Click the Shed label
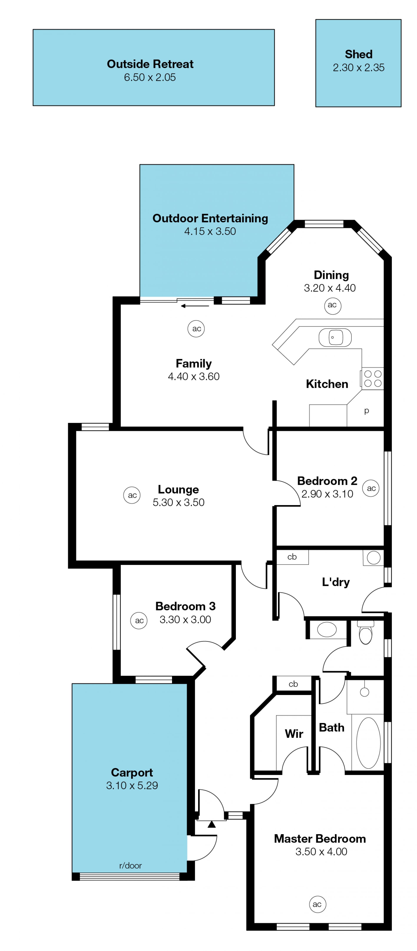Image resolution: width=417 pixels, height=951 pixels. tap(358, 54)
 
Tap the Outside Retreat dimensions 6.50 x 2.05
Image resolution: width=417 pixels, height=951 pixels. tap(150, 77)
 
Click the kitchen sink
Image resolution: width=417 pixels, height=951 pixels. tap(335, 337)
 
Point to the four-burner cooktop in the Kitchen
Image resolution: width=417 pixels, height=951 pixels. tap(372, 378)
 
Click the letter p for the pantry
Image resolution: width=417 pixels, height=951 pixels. tap(366, 410)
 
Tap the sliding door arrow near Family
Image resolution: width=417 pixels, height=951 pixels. tap(195, 306)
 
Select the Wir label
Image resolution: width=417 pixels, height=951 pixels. tap(294, 733)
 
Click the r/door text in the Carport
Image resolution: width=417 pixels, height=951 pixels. tap(131, 865)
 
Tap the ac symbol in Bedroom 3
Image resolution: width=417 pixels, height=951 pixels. tap(139, 621)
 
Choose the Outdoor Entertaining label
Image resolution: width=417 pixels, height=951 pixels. tap(210, 218)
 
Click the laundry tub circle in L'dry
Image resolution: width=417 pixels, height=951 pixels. tap(374, 558)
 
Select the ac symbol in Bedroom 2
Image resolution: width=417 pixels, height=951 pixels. tap(371, 488)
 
